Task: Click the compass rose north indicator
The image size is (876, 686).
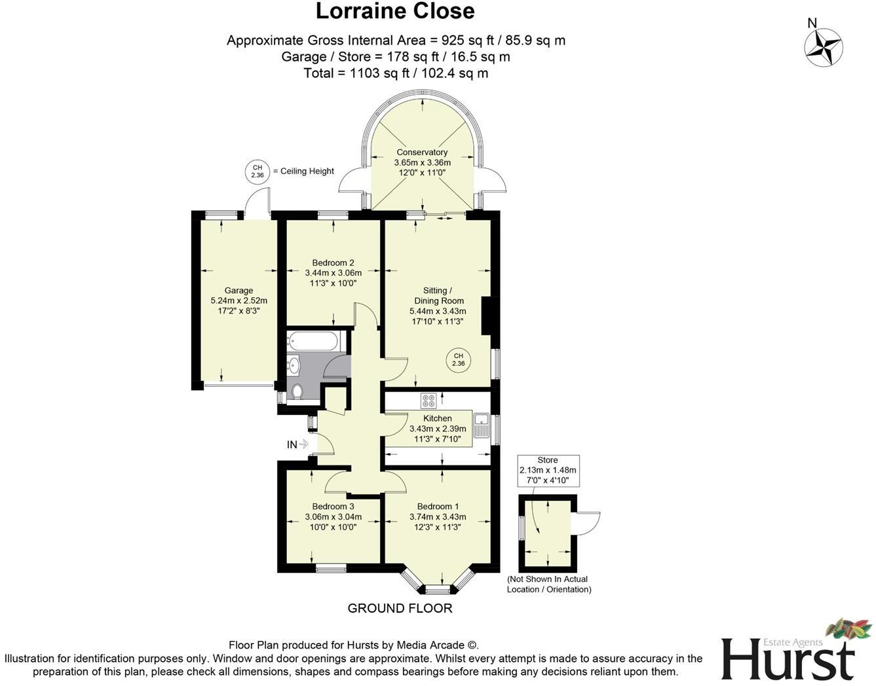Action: [x=823, y=47]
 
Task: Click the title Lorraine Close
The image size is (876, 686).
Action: [x=395, y=11]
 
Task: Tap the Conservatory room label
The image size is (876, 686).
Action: [x=422, y=153]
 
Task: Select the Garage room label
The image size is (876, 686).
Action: [x=238, y=291]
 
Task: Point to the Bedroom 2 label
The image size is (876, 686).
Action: [x=333, y=262]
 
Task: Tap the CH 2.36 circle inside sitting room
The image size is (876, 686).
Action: [x=459, y=360]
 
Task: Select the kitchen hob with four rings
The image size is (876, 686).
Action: [x=428, y=401]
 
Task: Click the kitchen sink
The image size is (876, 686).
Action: [x=482, y=426]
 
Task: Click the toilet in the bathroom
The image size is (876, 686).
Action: [x=297, y=391]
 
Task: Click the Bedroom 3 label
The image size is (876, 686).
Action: [x=333, y=506]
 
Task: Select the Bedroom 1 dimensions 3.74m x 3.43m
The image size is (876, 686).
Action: [x=438, y=516]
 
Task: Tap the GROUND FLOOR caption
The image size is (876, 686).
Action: [x=400, y=608]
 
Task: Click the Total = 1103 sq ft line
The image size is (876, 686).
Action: [x=396, y=73]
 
